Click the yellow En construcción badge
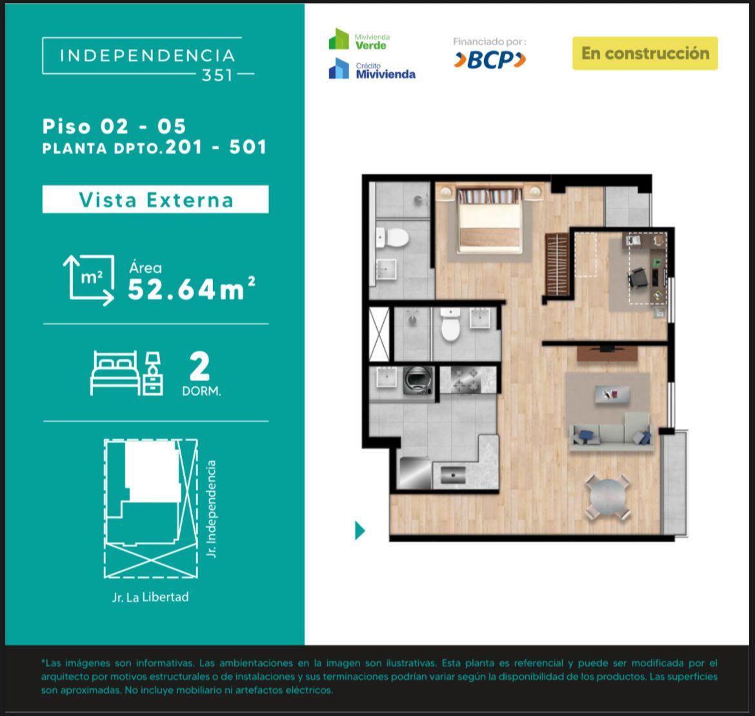tap(645, 54)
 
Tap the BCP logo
tap(490, 60)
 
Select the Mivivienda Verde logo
tap(359, 39)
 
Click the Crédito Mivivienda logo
tap(372, 69)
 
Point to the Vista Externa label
tap(156, 200)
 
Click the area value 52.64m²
tap(191, 289)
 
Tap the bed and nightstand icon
tap(126, 373)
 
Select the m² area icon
tap(89, 280)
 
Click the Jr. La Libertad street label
tap(150, 597)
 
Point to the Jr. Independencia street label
tap(212, 508)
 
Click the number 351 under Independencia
tap(217, 75)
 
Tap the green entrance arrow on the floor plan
tap(359, 530)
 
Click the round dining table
tap(608, 497)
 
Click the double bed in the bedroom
tap(490, 221)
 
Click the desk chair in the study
tap(638, 277)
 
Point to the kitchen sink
tap(452, 475)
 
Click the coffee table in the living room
tap(612, 395)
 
